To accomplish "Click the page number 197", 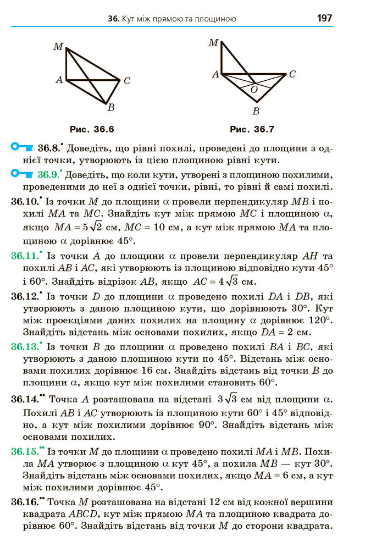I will [324, 18].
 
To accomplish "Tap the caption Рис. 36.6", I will [92, 130].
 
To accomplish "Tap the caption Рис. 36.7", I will [252, 130].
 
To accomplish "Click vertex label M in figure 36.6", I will [58, 47].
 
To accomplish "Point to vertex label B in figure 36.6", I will [110, 108].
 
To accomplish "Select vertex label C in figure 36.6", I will [126, 81].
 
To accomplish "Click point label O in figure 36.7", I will [254, 89].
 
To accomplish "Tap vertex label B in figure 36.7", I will [256, 112].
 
